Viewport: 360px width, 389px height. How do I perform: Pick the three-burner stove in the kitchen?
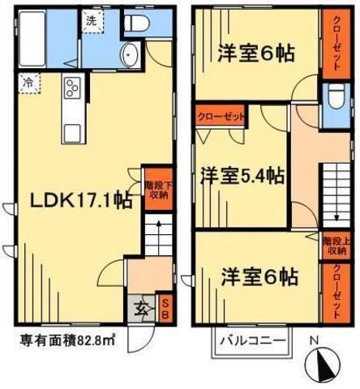click(70, 88)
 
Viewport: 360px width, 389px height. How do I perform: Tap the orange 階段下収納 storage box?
click(155, 190)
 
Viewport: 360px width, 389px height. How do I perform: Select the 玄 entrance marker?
click(140, 309)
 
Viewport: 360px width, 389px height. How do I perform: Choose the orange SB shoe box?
click(165, 309)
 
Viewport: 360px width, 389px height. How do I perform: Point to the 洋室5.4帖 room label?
click(242, 174)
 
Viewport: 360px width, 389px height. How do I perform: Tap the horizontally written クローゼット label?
click(220, 117)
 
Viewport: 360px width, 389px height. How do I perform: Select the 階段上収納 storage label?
click(334, 245)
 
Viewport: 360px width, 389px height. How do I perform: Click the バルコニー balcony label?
click(252, 340)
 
